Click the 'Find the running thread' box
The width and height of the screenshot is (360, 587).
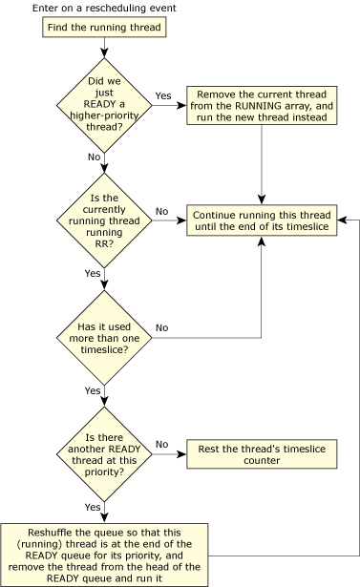[x=104, y=28]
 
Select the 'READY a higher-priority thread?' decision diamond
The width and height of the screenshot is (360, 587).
[x=104, y=106]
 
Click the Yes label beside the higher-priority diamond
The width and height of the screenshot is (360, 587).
[x=162, y=96]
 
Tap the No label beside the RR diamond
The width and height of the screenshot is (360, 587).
[x=162, y=210]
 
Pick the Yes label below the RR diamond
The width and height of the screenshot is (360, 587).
[x=94, y=273]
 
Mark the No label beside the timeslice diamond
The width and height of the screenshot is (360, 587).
[x=162, y=327]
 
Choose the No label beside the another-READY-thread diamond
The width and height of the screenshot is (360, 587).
[x=162, y=444]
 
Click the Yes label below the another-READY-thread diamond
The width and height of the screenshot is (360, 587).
[x=94, y=507]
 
